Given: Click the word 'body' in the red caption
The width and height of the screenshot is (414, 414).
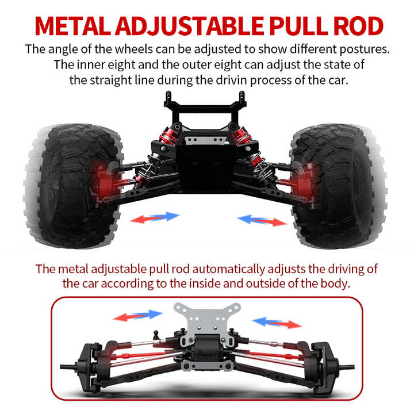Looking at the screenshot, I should coord(335,283).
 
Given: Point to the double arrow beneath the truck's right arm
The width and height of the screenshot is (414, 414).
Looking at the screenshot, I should coord(262,219).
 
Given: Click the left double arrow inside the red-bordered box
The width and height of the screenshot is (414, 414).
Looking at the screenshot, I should coord(138,315).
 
